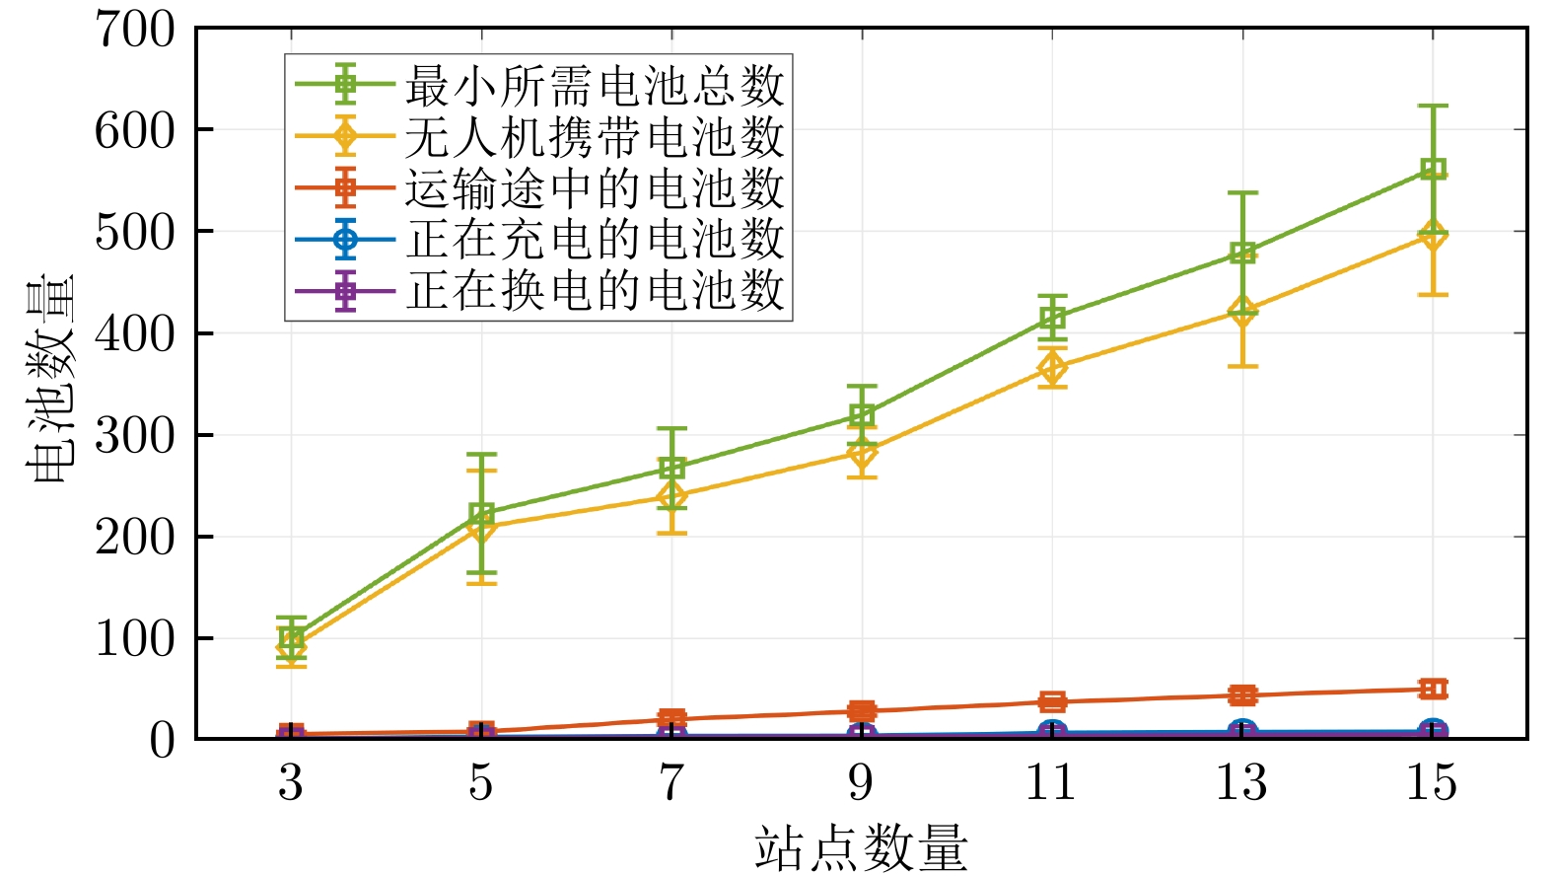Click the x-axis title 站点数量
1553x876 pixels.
pyautogui.click(x=861, y=848)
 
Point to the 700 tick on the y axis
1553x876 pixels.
pyautogui.click(x=135, y=29)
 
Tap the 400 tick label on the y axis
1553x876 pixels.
pyautogui.click(x=135, y=333)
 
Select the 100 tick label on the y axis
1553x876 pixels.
pyautogui.click(x=135, y=638)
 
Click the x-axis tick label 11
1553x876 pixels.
pyautogui.click(x=1051, y=782)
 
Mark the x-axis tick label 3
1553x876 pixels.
pyautogui.click(x=290, y=782)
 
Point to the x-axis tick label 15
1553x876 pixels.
pyautogui.click(x=1432, y=782)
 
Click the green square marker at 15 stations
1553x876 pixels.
pyautogui.click(x=1433, y=169)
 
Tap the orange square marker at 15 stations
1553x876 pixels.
pyautogui.click(x=1433, y=689)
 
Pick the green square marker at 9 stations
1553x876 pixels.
pyautogui.click(x=862, y=415)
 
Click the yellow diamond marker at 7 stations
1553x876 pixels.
pyautogui.click(x=671, y=496)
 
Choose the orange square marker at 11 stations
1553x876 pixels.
pyautogui.click(x=1052, y=701)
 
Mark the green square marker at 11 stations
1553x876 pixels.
pyautogui.click(x=1052, y=319)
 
